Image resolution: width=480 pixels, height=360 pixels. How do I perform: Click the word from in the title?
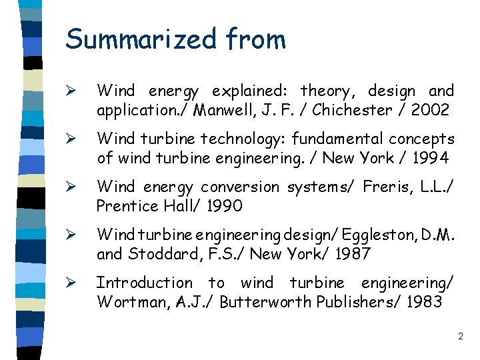pos(256,39)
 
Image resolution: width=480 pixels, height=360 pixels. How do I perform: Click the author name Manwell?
pos(226,110)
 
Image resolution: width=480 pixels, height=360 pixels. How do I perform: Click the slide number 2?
pos(460,337)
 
